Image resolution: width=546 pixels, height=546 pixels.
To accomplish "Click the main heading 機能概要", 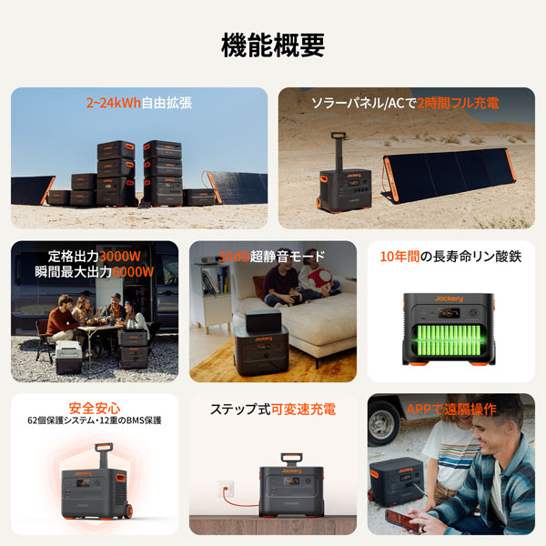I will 273,45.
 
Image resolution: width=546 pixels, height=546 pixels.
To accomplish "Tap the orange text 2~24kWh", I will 113,104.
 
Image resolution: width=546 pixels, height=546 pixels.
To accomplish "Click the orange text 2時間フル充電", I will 459,104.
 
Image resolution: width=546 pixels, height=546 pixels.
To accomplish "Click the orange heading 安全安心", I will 95,408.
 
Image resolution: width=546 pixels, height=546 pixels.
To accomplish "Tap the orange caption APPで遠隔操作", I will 451,409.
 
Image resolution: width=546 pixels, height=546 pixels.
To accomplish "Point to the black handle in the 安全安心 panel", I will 105,451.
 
